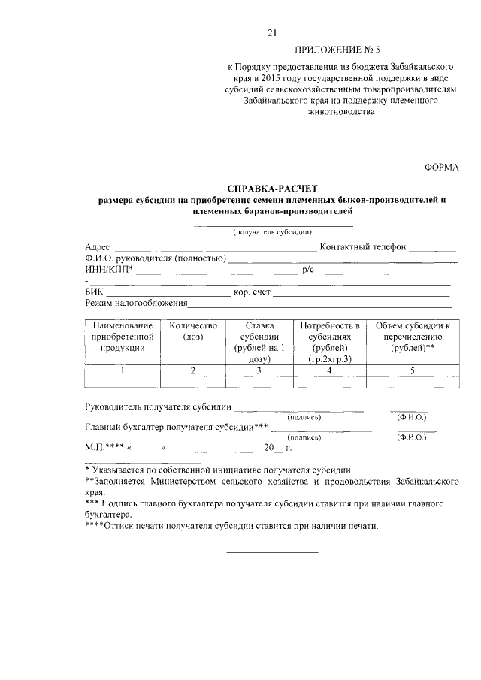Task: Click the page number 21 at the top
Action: [x=272, y=32]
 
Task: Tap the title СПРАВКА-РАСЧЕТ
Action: [x=273, y=189]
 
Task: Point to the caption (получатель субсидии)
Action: [x=273, y=231]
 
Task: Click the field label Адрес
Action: [x=98, y=247]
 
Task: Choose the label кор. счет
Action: [x=251, y=292]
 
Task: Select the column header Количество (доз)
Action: [x=193, y=331]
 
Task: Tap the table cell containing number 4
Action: [x=329, y=370]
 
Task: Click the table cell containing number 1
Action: [x=123, y=370]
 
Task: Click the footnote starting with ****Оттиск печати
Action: [x=231, y=526]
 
